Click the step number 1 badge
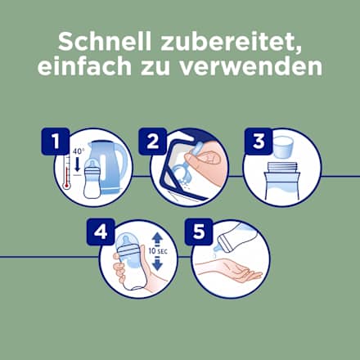(x=55, y=142)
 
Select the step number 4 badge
(x=101, y=234)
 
